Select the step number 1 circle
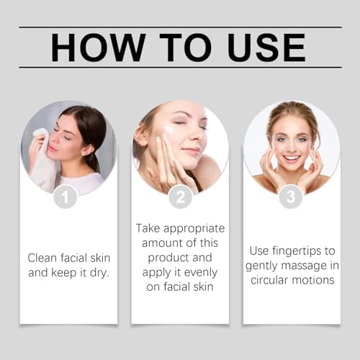point(66,197)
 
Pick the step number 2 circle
point(180,197)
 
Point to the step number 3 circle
point(291,197)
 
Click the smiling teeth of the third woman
point(290,157)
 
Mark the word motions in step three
point(316,280)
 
